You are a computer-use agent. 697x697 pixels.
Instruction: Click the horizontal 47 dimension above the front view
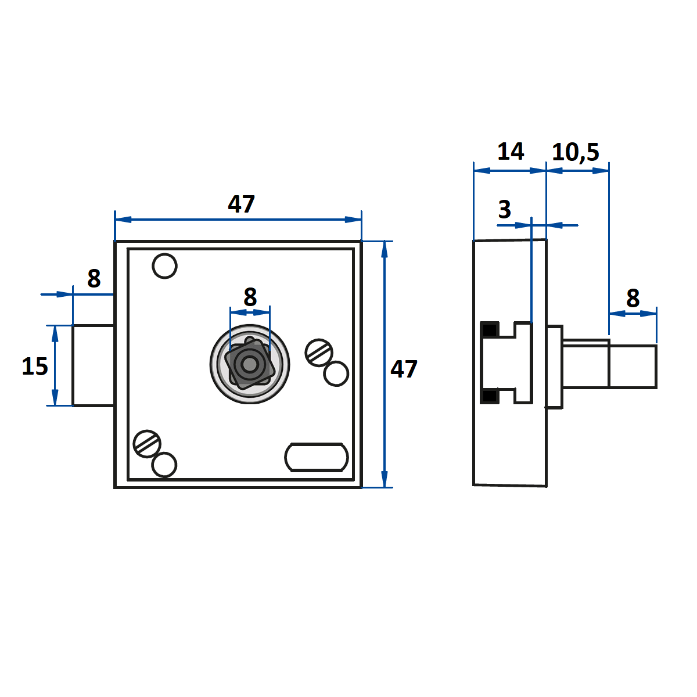click(x=241, y=204)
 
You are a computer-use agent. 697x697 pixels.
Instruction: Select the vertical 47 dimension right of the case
click(x=404, y=369)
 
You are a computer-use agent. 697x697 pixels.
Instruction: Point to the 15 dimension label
click(x=34, y=367)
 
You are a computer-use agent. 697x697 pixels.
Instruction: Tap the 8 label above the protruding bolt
click(x=94, y=279)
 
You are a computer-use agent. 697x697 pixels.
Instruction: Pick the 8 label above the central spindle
click(x=250, y=297)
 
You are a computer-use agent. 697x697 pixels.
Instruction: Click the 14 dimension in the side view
click(x=511, y=152)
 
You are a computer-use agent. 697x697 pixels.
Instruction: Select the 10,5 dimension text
click(x=575, y=152)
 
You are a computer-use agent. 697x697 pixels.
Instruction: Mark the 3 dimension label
click(x=505, y=210)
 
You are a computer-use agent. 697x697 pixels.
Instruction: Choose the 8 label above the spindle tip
click(x=633, y=299)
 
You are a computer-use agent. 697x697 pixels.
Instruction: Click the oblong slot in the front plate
click(x=317, y=457)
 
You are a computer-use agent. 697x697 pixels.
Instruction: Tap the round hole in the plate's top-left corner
click(x=164, y=266)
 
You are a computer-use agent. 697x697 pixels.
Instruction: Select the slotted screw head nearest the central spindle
click(x=319, y=351)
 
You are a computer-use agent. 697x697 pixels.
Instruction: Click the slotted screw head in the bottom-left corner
click(x=146, y=444)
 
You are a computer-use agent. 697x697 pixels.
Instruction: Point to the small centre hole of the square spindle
click(x=250, y=365)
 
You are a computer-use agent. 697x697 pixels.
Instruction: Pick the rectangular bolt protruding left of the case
click(x=93, y=365)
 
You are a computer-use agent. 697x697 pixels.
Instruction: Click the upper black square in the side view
click(x=490, y=330)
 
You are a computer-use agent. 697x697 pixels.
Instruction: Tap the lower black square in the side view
click(x=490, y=396)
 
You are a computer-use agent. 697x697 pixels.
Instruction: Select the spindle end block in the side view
click(x=633, y=367)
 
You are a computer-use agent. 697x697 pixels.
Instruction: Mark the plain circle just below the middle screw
click(x=336, y=373)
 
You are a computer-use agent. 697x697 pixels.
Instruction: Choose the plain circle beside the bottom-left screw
click(x=164, y=465)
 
